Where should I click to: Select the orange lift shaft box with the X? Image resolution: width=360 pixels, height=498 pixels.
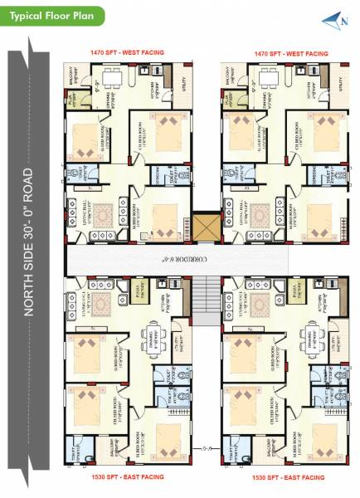pos(204,227)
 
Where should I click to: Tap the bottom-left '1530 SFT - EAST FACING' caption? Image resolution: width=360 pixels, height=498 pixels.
pos(127,478)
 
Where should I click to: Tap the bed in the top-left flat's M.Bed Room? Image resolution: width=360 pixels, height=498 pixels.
pos(168,220)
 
